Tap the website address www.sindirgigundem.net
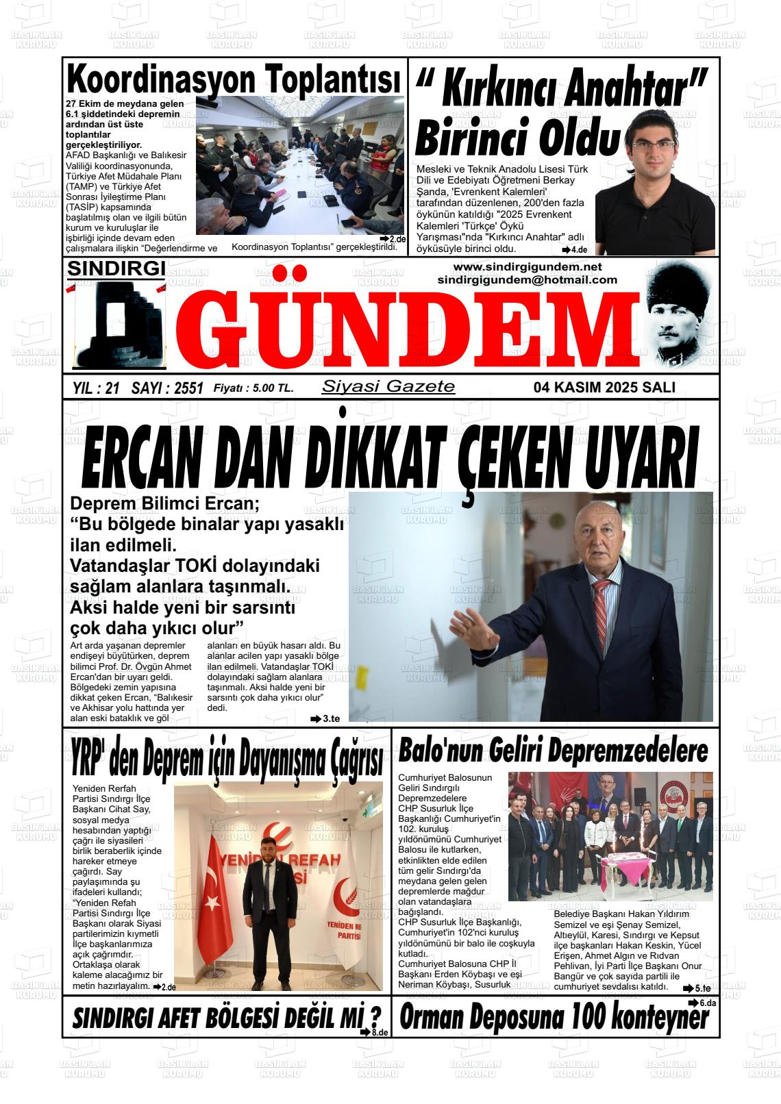tap(527, 266)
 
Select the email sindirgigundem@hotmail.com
tap(527, 279)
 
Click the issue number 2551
tap(188, 388)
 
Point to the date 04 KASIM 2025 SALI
tap(604, 387)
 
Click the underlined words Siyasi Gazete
tap(388, 386)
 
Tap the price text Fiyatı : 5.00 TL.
tap(253, 388)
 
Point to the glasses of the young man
tap(651, 145)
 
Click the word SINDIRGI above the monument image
tap(116, 268)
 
